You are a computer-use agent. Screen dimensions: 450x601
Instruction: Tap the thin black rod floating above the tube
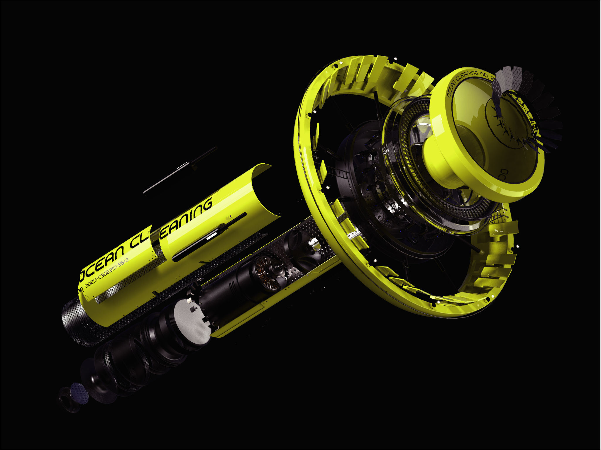pyautogui.click(x=180, y=170)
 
